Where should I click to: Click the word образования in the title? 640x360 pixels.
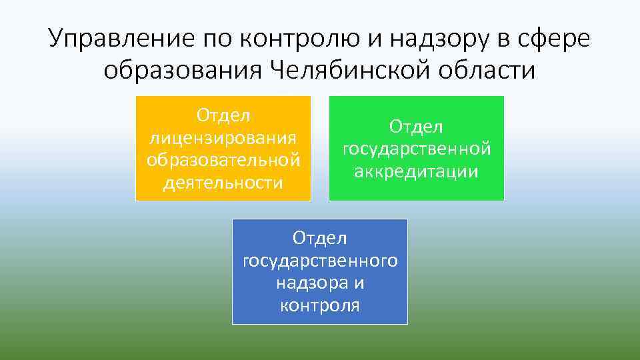183,69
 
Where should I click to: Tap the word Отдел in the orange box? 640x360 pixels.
223,116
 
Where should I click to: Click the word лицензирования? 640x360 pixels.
223,138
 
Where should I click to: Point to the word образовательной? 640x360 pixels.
223,160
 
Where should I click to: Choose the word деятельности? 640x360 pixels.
223,182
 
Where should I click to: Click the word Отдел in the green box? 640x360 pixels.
417,127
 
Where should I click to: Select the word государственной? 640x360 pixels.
417,149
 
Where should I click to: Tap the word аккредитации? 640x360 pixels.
417,171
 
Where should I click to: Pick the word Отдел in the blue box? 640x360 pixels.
320,238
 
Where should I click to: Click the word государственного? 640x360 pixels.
320,261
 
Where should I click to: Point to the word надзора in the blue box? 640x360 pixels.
311,283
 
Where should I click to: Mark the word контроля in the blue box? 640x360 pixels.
320,305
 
